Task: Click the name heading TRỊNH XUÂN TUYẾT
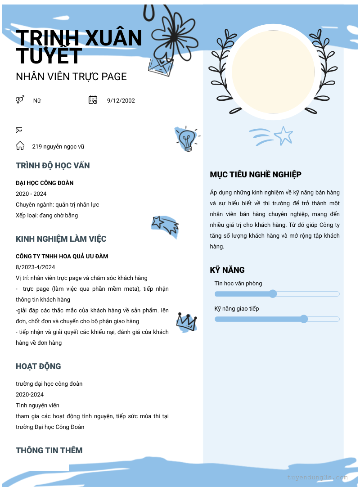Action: click(79, 47)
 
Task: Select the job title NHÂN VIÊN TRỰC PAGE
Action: click(71, 77)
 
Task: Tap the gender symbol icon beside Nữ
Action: click(20, 100)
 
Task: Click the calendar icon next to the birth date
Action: click(93, 100)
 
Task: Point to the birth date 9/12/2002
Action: click(121, 101)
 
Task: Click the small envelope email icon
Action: click(19, 131)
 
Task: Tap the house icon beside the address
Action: click(20, 146)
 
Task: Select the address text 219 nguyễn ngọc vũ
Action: click(58, 147)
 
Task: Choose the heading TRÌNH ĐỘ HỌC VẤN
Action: click(53, 166)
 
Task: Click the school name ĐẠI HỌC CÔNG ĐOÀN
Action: click(45, 183)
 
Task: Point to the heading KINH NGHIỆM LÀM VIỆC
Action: click(61, 239)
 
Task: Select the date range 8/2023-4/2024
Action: click(36, 267)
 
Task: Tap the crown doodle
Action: click(186, 321)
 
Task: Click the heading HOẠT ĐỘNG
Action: click(38, 366)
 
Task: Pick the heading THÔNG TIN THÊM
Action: click(49, 451)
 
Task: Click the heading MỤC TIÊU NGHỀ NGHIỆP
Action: click(256, 175)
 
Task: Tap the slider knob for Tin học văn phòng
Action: click(273, 294)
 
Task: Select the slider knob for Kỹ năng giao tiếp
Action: click(304, 319)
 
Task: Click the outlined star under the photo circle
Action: click(283, 135)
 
